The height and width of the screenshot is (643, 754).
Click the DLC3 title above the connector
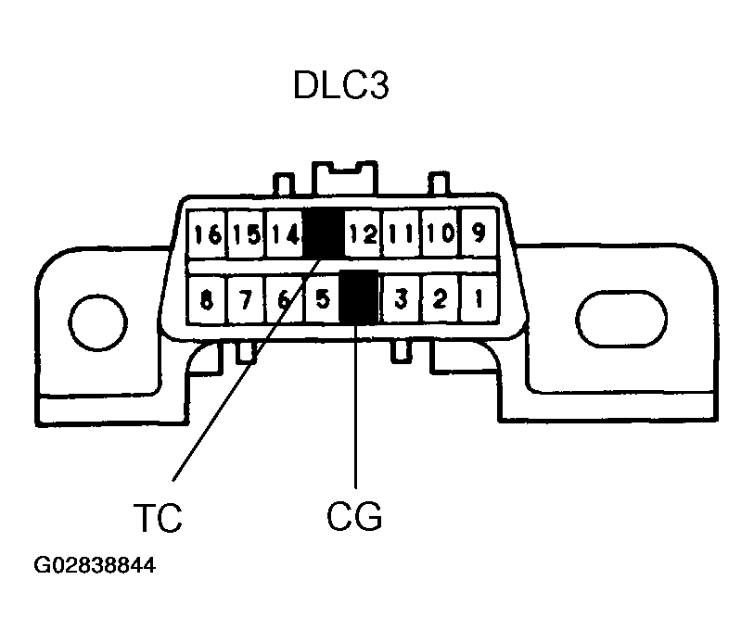[341, 85]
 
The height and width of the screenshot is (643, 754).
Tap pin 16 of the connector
[207, 234]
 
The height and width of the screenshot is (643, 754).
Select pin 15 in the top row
[246, 234]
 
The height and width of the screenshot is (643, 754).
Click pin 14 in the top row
[285, 234]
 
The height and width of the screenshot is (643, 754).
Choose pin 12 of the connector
[363, 234]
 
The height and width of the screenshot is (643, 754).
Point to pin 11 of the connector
[402, 234]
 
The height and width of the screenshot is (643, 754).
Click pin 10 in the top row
[441, 233]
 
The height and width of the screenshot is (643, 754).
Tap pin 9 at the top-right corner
[479, 233]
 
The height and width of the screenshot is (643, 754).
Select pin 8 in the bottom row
[207, 300]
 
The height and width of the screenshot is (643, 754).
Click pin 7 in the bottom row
[246, 300]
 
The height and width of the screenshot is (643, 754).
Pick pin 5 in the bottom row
[323, 299]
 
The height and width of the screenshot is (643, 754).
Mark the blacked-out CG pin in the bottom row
[359, 296]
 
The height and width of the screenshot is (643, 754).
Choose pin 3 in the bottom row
[401, 299]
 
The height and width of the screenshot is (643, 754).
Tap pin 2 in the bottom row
[440, 298]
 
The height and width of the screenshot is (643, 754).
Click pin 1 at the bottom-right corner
[479, 298]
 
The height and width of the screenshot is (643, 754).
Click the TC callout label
[158, 518]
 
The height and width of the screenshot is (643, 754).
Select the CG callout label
[354, 516]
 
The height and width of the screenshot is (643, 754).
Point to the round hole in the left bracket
[98, 322]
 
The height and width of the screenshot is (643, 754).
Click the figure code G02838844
[95, 565]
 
